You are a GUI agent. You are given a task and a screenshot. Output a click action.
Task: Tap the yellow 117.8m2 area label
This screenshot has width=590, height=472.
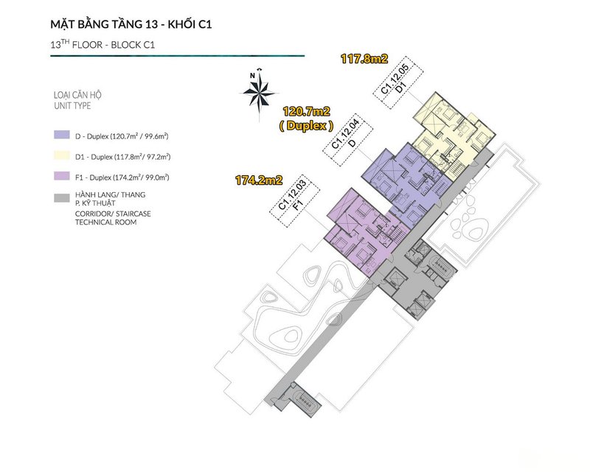click(x=364, y=59)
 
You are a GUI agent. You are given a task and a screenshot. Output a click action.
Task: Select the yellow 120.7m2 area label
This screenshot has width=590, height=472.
click(x=306, y=113)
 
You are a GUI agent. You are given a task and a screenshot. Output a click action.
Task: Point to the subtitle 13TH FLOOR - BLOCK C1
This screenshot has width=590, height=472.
click(x=102, y=45)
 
